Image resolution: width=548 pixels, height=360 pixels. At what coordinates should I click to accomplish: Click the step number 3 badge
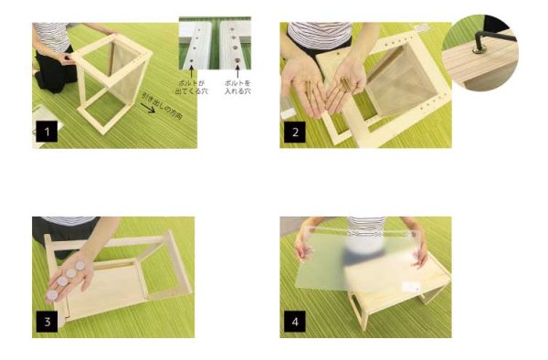pos(46,322)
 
